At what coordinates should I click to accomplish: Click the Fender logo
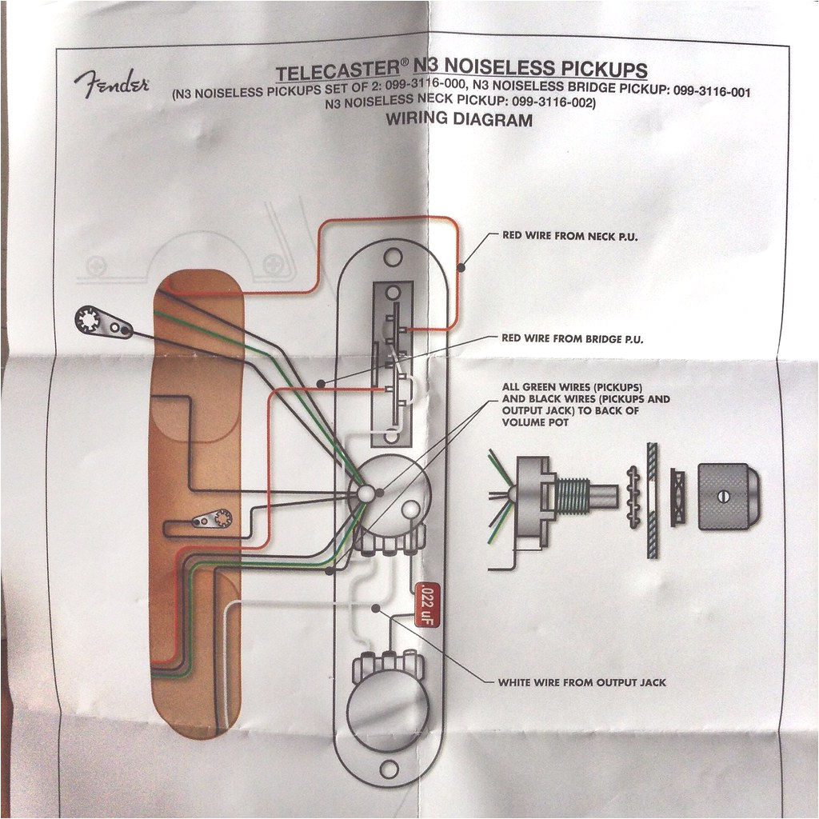coord(111,82)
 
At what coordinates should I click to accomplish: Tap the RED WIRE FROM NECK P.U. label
coord(569,236)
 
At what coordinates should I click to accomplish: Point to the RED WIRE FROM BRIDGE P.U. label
coord(572,339)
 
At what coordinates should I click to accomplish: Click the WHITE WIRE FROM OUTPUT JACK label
coord(581,682)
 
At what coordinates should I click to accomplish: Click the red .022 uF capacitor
coord(423,602)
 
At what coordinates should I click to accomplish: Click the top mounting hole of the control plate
coord(392,258)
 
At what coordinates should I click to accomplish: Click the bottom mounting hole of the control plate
coord(389,769)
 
